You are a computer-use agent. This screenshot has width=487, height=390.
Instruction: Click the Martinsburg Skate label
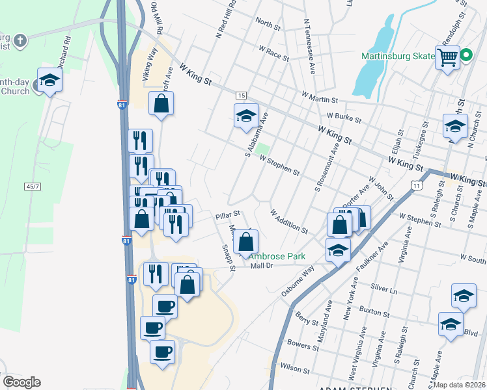(x=398, y=56)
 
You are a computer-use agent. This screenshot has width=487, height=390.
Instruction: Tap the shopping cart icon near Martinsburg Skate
(x=447, y=58)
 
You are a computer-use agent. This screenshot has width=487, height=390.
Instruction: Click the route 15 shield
(x=241, y=96)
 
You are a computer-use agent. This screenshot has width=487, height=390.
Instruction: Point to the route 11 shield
(x=415, y=186)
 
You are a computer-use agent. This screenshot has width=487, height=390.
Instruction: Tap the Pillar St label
(x=229, y=213)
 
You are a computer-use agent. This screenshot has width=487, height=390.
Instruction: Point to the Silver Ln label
(x=383, y=287)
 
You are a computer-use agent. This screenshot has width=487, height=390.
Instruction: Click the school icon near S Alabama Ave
(x=246, y=116)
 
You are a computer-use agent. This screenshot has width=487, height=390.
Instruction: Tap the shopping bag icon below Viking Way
(x=161, y=103)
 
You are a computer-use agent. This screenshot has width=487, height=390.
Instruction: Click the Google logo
(x=21, y=382)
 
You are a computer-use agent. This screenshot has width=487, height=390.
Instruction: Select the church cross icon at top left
(x=20, y=41)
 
